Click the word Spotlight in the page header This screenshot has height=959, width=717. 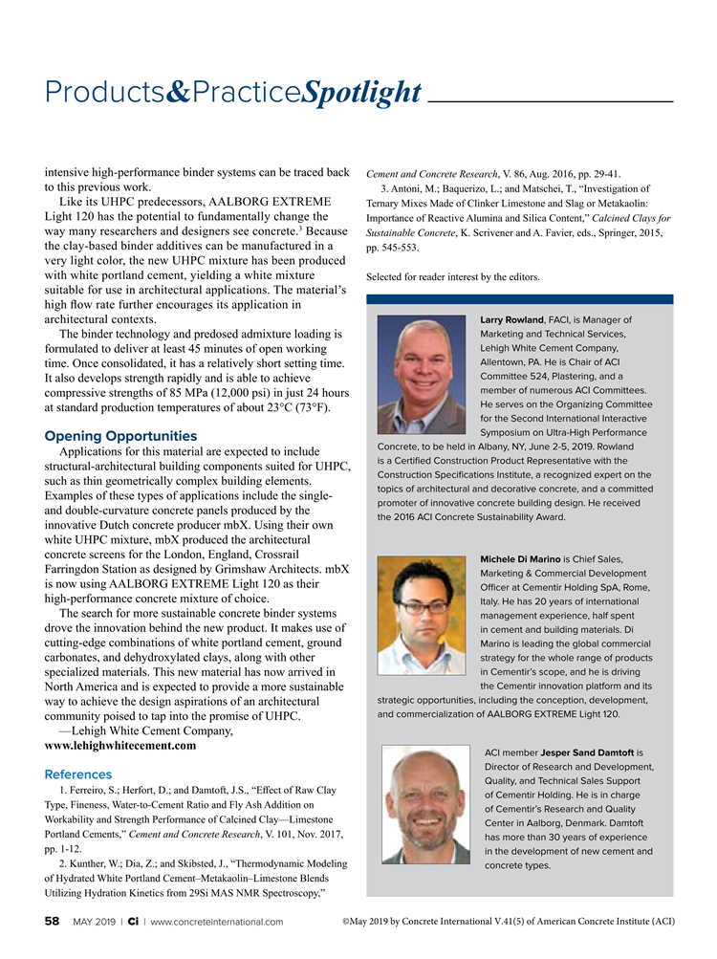pos(361,92)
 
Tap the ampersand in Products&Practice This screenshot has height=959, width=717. pos(181,93)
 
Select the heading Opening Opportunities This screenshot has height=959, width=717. pos(120,436)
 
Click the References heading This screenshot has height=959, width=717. pos(78,774)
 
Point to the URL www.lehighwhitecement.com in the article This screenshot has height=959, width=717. pos(120,745)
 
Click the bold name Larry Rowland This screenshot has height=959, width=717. pos(511,319)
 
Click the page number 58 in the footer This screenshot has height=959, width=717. pos(53,922)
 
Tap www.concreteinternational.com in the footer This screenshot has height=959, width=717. pos(217,922)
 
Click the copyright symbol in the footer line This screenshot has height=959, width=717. pos(345,922)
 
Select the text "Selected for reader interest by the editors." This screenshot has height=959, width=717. pos(453,277)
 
